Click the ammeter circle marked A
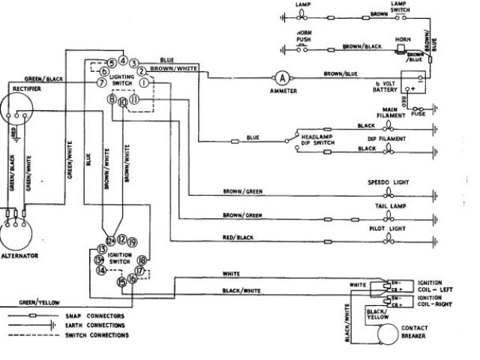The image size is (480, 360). [x=282, y=77]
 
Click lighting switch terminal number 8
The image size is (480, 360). [x=111, y=99]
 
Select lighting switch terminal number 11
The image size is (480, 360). [x=135, y=99]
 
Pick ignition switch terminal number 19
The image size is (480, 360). [x=132, y=241]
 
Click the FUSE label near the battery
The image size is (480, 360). [x=417, y=115]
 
